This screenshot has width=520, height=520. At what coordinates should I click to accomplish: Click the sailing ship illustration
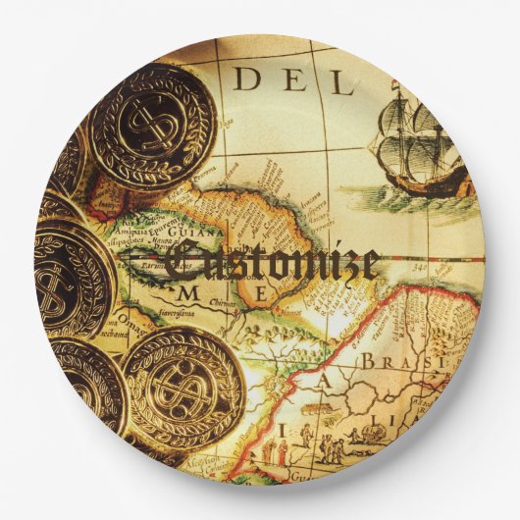click(x=412, y=147)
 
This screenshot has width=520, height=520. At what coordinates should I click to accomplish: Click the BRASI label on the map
click(x=392, y=362)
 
